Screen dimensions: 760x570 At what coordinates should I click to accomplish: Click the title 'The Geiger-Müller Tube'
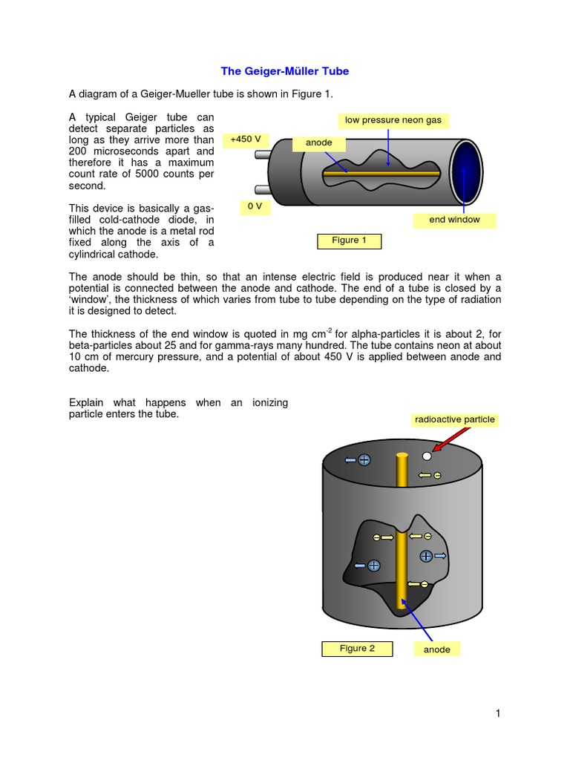(x=285, y=71)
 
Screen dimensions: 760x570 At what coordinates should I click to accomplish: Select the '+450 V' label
(x=245, y=139)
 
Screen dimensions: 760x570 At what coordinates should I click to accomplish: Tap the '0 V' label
(x=254, y=206)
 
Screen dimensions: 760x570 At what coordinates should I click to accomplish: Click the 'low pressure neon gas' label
(x=393, y=120)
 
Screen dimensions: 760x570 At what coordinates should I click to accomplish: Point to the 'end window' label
(x=454, y=220)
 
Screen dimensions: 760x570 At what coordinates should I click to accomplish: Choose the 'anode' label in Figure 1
(x=319, y=142)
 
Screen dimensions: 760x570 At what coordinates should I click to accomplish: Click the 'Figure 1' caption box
(x=349, y=240)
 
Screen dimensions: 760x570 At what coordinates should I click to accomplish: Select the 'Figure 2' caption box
(x=357, y=649)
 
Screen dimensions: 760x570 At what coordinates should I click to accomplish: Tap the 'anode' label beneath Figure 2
(x=436, y=649)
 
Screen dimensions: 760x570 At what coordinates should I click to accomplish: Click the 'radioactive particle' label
(x=454, y=419)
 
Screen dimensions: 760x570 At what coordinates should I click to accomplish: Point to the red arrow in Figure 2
(x=448, y=442)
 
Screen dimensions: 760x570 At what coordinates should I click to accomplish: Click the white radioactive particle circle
(x=427, y=456)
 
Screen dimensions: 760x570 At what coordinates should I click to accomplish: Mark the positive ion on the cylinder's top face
(x=364, y=460)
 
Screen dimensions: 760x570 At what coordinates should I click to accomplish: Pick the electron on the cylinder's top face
(x=438, y=475)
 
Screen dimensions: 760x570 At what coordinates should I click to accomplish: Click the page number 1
(x=498, y=713)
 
